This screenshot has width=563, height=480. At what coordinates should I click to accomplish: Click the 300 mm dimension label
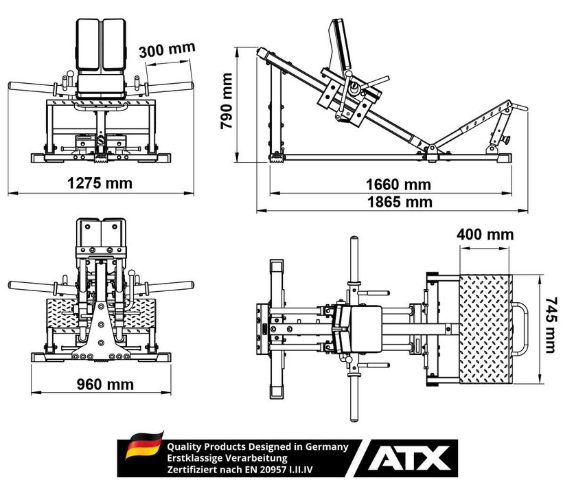point(167,49)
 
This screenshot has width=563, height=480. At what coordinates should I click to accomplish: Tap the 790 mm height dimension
point(227,101)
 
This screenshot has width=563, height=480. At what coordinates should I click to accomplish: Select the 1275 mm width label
point(100,183)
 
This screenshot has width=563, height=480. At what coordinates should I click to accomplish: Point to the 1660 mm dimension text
point(398,185)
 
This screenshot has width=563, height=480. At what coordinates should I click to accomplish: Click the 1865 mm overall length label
point(400,202)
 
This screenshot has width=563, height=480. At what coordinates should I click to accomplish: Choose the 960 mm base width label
point(105,385)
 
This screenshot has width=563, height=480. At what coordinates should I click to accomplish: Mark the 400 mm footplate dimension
point(485,234)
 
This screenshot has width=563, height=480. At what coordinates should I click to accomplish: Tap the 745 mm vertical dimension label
point(551,325)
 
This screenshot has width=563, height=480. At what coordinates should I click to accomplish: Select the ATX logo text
point(409,458)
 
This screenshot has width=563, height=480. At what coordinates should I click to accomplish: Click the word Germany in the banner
point(327,447)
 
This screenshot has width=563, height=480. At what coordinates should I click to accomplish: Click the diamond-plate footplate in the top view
point(485,329)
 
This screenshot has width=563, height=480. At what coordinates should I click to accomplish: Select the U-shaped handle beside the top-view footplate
point(520,329)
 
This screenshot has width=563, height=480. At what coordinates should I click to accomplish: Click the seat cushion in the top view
point(365,329)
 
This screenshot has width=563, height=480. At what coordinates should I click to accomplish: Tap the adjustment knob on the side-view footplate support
point(506,139)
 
